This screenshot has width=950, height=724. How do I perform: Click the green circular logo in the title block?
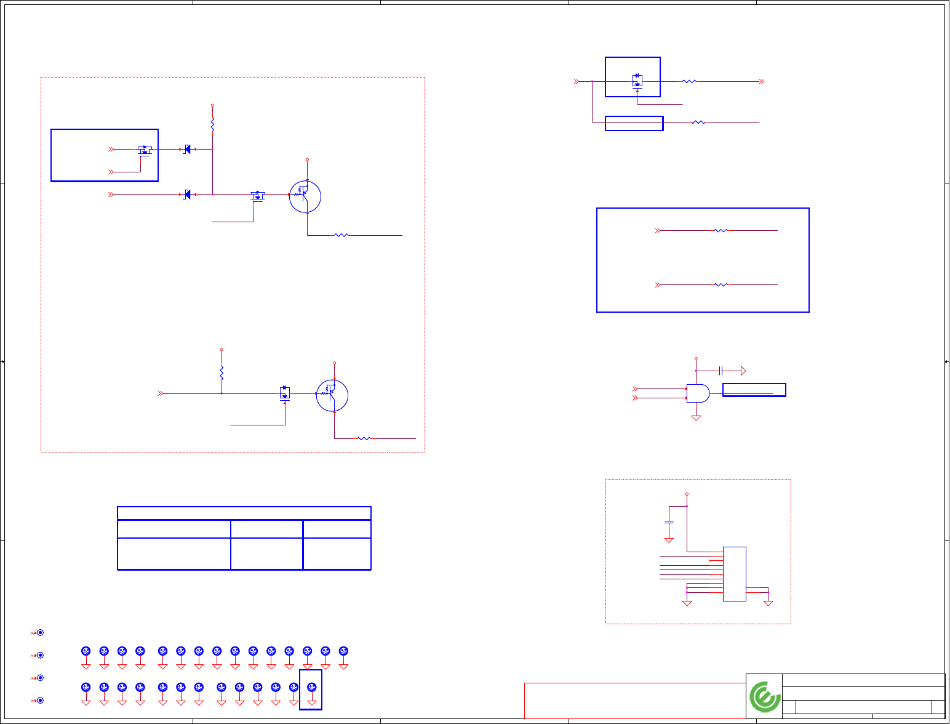click(x=765, y=697)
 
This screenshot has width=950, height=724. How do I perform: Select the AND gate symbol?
click(x=698, y=393)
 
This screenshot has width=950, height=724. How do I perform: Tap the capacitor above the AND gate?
click(x=721, y=371)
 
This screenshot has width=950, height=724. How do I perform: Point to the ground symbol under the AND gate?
click(x=696, y=418)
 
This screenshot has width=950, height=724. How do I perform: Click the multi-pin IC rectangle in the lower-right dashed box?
click(x=734, y=574)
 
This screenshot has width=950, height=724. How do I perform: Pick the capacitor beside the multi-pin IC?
click(x=669, y=522)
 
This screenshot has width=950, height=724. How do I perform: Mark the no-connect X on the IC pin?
click(x=710, y=561)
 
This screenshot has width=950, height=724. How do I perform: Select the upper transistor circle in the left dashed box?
click(x=305, y=196)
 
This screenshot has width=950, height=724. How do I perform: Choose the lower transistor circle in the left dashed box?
click(x=332, y=396)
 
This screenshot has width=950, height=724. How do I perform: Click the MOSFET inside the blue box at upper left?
click(x=145, y=150)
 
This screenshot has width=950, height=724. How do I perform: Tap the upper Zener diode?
click(x=186, y=149)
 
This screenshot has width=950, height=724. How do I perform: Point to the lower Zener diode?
click(x=186, y=195)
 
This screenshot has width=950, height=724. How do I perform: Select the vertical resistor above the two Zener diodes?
click(x=212, y=125)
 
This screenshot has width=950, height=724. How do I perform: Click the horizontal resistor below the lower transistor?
click(x=364, y=438)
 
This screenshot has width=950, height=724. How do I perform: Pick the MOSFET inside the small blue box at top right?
click(x=637, y=80)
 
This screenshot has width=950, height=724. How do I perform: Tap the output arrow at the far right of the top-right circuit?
click(x=762, y=81)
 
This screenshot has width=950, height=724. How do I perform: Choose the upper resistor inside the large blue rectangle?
click(x=720, y=231)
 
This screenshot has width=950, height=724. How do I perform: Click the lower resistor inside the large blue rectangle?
click(x=720, y=285)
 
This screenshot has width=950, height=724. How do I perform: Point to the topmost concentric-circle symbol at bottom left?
click(x=41, y=632)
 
